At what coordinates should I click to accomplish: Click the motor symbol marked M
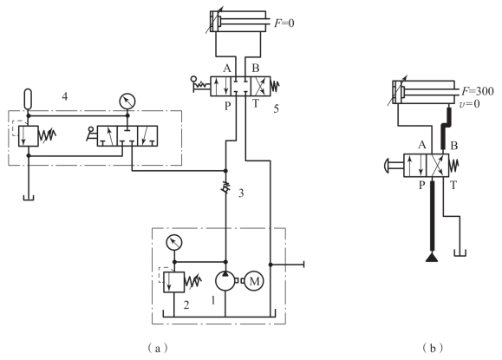[x=254, y=281]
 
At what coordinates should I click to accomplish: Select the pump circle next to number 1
[x=225, y=281]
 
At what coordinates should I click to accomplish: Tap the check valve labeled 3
[x=225, y=187]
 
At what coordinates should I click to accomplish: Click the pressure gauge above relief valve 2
[x=174, y=242]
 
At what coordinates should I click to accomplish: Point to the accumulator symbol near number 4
[x=28, y=100]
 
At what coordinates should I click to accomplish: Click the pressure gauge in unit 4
[x=127, y=101]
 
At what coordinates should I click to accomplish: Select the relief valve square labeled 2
[x=174, y=282]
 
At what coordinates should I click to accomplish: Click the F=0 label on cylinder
[x=284, y=23]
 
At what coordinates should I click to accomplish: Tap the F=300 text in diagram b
[x=478, y=91]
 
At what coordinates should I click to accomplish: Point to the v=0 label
[x=470, y=104]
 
